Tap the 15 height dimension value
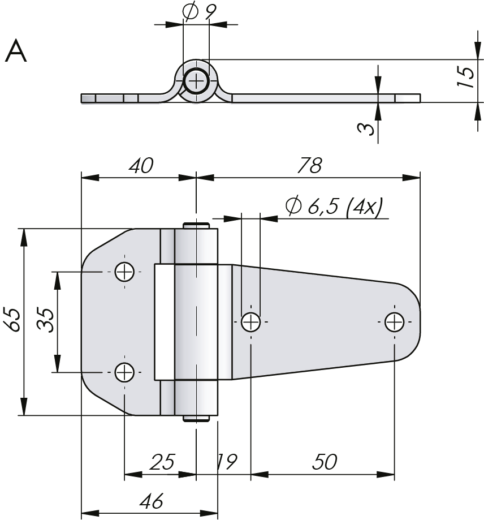465,76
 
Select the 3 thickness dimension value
368,128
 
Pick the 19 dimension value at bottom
227,462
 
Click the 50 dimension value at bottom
324,462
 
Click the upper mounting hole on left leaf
124,272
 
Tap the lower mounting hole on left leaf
124,372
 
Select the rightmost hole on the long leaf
394,323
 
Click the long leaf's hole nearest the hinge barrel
250,323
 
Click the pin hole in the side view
196,81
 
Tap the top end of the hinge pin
196,225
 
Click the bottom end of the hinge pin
196,419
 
